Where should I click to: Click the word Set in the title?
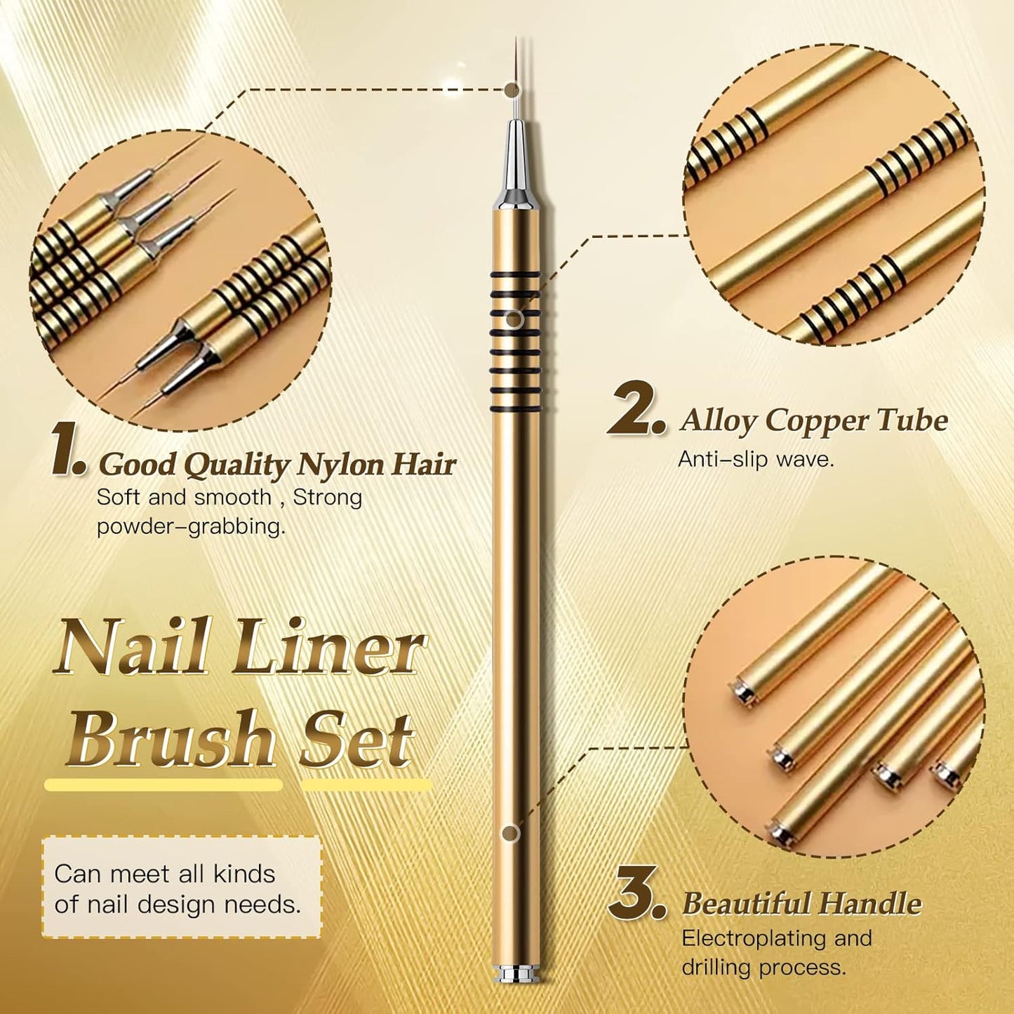[356, 740]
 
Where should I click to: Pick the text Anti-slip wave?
[756, 460]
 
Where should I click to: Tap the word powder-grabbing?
[191, 526]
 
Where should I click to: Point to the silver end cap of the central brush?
[515, 975]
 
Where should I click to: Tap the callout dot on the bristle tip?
[512, 89]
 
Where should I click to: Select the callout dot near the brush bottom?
[511, 834]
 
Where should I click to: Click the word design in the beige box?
[178, 905]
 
